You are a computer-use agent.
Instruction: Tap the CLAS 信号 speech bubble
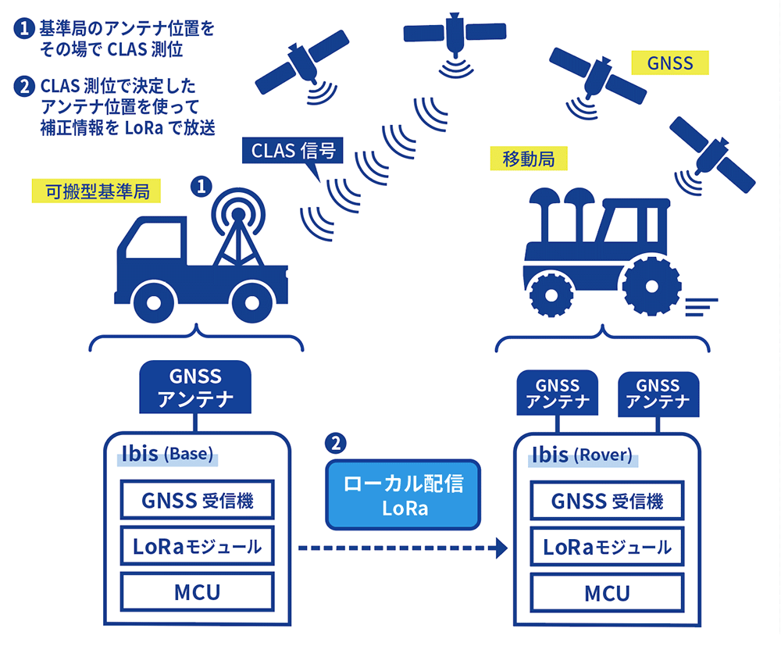coord(293,151)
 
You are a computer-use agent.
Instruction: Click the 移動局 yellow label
coord(529,159)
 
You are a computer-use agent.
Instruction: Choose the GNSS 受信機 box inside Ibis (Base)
coord(197,501)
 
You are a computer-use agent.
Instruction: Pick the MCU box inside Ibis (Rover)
coord(607,593)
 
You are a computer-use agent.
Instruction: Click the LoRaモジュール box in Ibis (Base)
coord(197,547)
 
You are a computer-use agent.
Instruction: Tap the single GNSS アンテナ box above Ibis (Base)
coord(195,388)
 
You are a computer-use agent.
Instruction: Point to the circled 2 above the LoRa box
coord(335,444)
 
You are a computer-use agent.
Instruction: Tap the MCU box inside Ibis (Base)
coord(197,592)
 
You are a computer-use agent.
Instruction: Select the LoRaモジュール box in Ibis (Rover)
coord(607,548)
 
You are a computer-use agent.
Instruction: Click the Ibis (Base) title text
coord(167,454)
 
